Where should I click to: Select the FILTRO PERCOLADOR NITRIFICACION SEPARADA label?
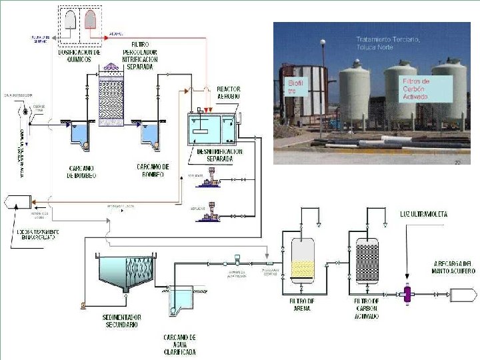tap(140, 55)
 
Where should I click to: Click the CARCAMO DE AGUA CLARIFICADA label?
tap(180, 345)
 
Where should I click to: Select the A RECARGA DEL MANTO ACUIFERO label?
tap(453, 266)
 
